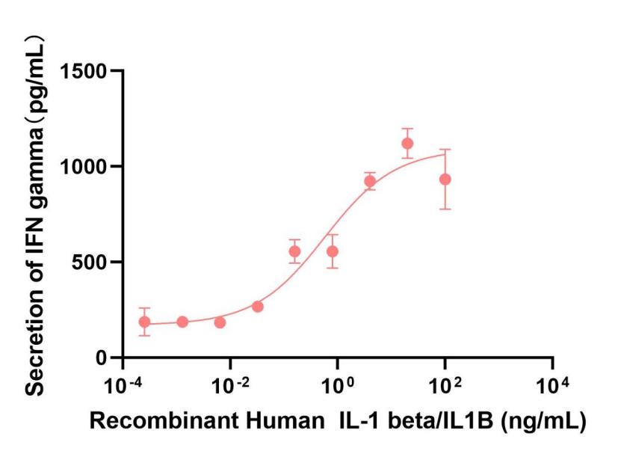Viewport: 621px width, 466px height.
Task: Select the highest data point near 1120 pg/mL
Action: pyautogui.click(x=407, y=144)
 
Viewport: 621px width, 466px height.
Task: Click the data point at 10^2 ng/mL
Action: pyautogui.click(x=445, y=180)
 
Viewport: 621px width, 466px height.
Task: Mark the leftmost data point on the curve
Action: pyautogui.click(x=144, y=322)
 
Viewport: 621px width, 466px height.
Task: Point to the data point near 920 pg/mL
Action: pyautogui.click(x=370, y=181)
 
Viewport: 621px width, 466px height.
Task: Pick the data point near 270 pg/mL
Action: pyautogui.click(x=258, y=307)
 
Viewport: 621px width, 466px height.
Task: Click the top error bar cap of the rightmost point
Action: pyautogui.click(x=445, y=150)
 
